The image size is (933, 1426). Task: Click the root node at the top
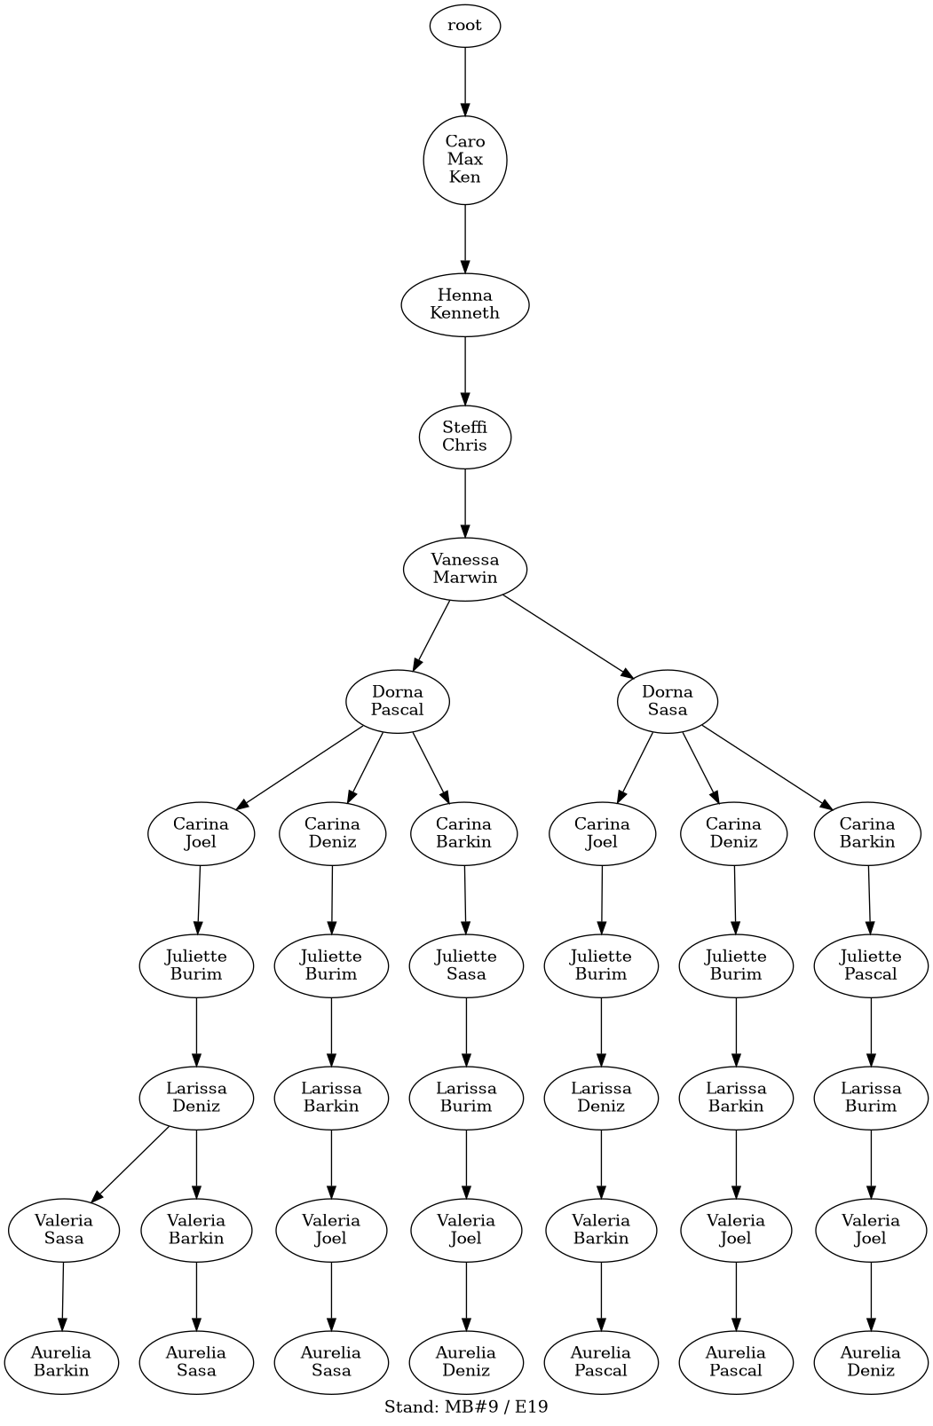[465, 26]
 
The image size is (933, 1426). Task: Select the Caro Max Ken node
[465, 160]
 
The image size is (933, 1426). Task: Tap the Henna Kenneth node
[465, 305]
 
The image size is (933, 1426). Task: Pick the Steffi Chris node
[465, 437]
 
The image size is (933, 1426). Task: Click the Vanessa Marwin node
[465, 569]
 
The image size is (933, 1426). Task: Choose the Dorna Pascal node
[398, 702]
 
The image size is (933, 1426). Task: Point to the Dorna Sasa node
[668, 702]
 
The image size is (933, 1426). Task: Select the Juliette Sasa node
[466, 965]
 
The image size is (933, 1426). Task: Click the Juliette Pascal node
[871, 965]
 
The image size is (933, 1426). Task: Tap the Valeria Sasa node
[64, 1230]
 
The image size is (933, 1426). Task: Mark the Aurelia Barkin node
[61, 1362]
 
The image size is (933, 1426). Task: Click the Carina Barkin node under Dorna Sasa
[867, 833]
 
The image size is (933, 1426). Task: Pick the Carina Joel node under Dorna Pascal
[201, 833]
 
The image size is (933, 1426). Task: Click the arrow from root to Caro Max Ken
[465, 82]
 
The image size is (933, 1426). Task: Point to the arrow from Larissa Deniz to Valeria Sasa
[130, 1164]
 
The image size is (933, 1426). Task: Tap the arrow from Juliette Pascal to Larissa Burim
[871, 1032]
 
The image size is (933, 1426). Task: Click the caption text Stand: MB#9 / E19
[466, 1406]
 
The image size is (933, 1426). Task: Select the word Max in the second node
[465, 159]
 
